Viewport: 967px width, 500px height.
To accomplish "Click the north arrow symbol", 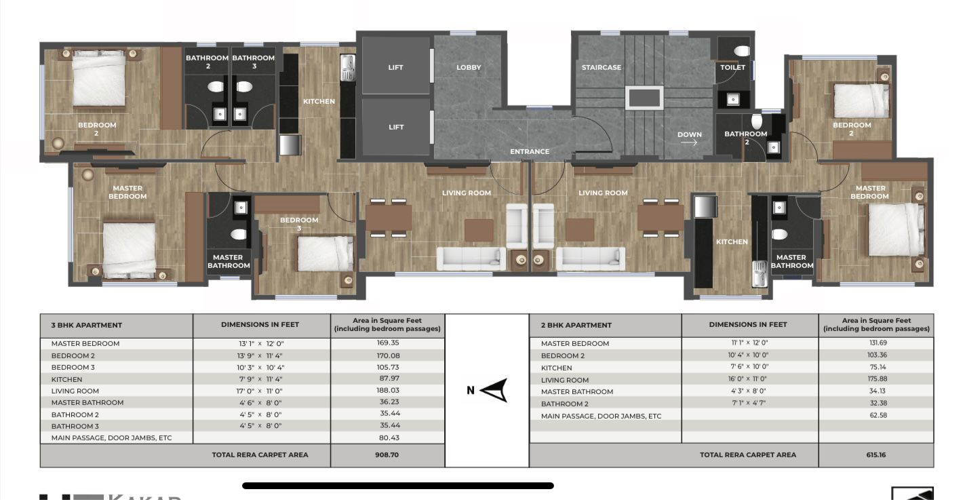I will [495, 391].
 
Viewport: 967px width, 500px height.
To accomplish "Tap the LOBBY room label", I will [469, 68].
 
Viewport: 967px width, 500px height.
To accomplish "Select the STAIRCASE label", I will [601, 68].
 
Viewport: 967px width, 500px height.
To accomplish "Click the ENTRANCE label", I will [530, 152].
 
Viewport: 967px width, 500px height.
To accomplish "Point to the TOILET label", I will [732, 68].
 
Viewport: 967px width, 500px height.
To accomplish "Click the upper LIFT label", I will [396, 68].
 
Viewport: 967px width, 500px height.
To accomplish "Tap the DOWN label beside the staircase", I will [689, 135].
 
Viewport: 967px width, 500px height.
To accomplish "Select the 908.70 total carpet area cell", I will [387, 455].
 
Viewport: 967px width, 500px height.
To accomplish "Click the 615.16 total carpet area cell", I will [875, 455].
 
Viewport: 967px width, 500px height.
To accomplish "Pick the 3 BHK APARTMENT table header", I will [87, 326].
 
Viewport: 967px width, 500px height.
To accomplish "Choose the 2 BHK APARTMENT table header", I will [576, 326].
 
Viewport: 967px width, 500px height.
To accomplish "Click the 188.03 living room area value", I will [387, 391].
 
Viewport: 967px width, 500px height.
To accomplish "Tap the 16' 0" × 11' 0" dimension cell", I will [749, 380].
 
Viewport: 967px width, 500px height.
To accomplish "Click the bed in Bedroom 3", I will [325, 253].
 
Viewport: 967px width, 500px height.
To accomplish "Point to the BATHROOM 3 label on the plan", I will [254, 62].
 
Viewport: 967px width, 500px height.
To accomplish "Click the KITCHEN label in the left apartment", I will [319, 102].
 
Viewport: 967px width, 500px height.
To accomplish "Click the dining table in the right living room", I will [660, 218].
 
